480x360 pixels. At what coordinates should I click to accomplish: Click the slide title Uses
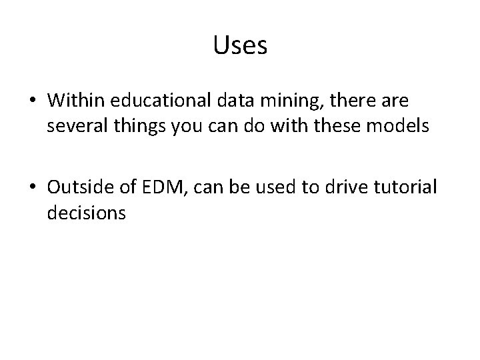(240, 46)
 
